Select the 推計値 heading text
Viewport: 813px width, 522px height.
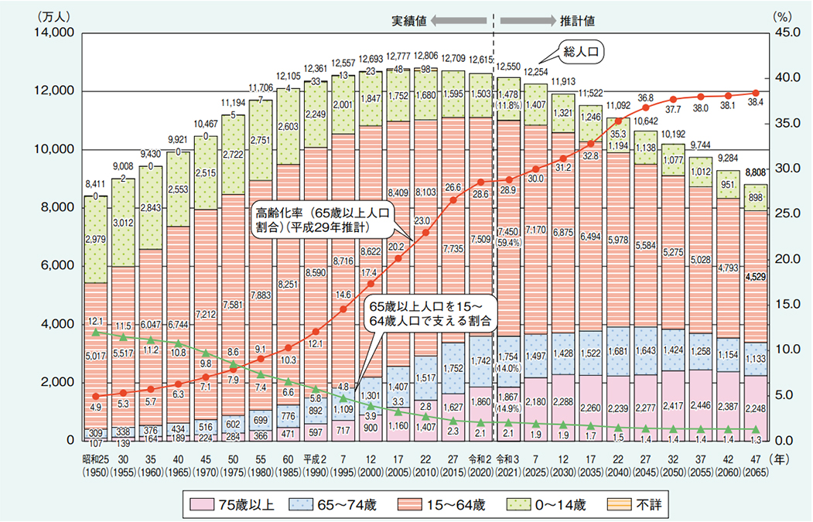pyautogui.click(x=576, y=20)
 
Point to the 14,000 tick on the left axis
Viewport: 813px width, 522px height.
pyautogui.click(x=53, y=32)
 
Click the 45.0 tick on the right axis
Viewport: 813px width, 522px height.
pyautogui.click(x=784, y=32)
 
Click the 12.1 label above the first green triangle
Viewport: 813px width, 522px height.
pyautogui.click(x=94, y=321)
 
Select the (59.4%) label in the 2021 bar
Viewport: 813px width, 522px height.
pyautogui.click(x=508, y=242)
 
